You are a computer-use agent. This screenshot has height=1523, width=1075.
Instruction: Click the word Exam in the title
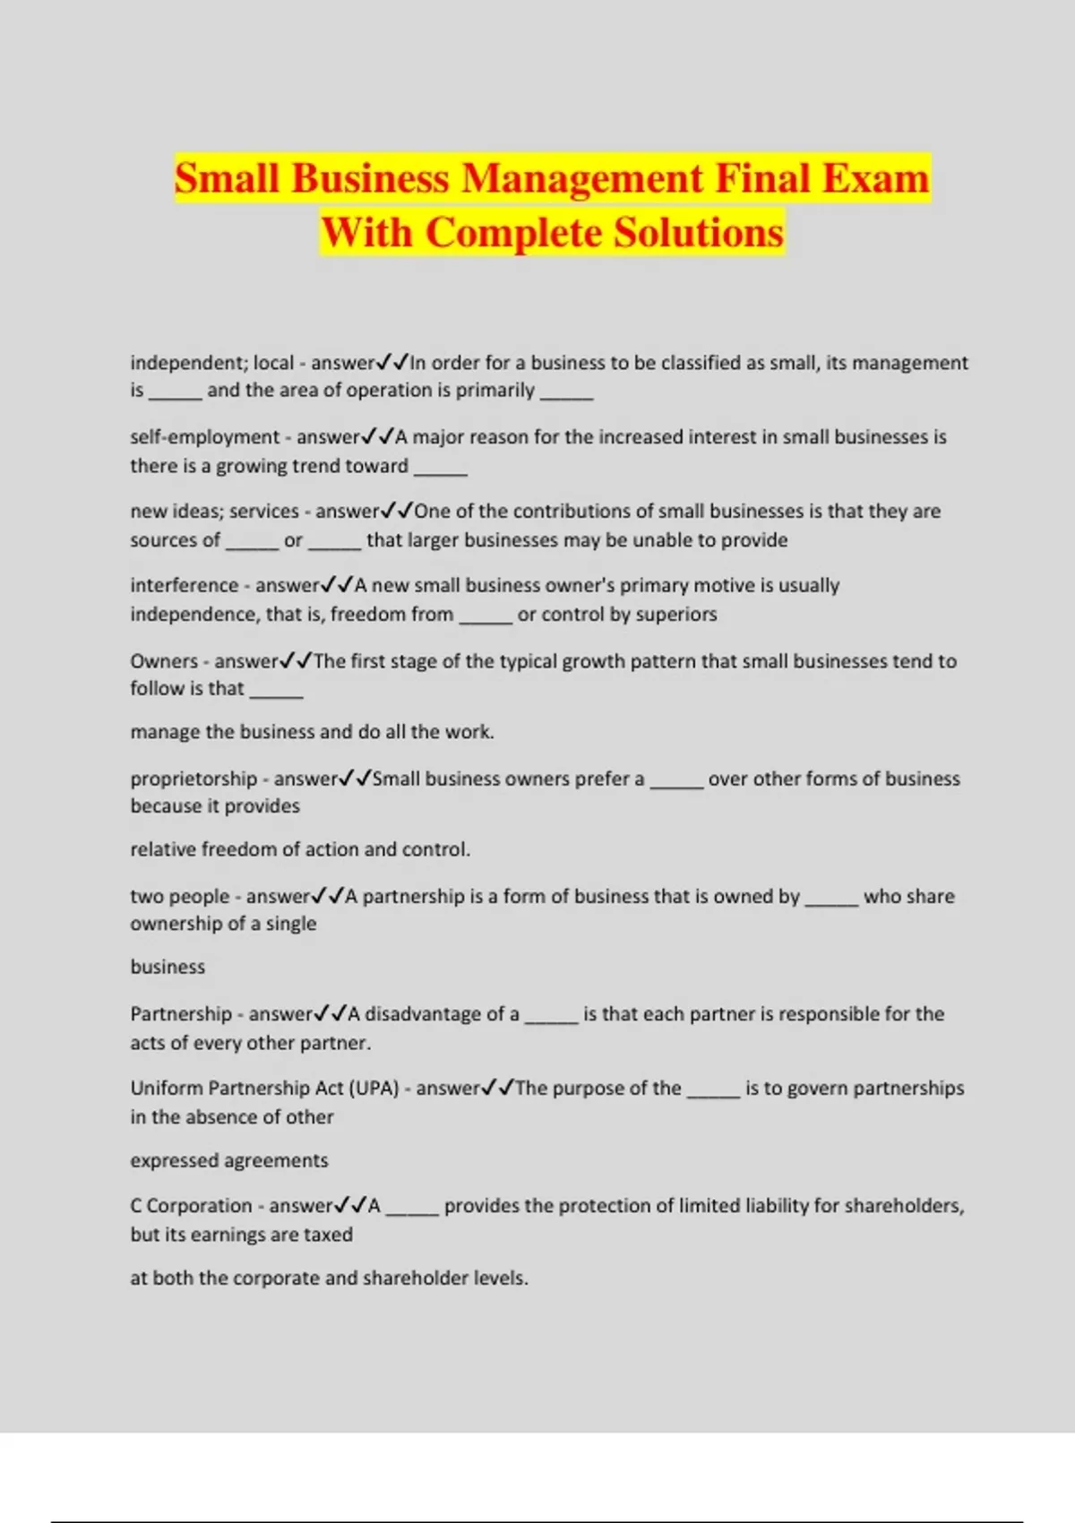[x=875, y=177]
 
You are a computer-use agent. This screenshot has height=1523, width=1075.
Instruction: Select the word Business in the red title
[x=370, y=177]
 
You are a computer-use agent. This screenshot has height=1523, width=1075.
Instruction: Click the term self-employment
[x=205, y=437]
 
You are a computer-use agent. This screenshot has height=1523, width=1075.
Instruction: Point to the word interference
[x=185, y=586]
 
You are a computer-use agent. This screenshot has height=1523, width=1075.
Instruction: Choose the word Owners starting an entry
[x=164, y=661]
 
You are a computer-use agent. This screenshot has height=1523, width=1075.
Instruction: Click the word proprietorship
[x=193, y=779]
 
